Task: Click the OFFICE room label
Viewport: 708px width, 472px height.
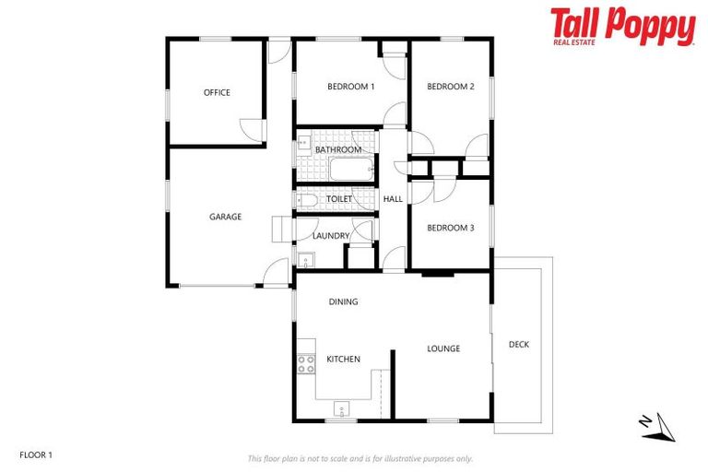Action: (x=217, y=92)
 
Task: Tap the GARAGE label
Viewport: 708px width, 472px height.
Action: (x=225, y=217)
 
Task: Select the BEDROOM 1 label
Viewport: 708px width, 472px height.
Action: (x=350, y=87)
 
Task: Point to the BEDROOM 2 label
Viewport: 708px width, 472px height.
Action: (x=450, y=87)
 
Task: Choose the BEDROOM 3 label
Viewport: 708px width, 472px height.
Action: (x=450, y=227)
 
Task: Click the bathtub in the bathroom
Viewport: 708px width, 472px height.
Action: (x=350, y=170)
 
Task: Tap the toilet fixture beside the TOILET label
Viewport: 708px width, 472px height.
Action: (x=307, y=199)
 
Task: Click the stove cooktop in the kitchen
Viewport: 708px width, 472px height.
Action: (x=305, y=364)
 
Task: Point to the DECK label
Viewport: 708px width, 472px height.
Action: (x=519, y=345)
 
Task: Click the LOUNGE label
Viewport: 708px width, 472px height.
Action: (x=443, y=348)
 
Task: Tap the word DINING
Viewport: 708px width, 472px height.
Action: (x=343, y=301)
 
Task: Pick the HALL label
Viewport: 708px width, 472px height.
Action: (x=393, y=199)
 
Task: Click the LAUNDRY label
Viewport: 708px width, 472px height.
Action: (x=330, y=236)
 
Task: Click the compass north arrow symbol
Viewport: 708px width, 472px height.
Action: (x=655, y=423)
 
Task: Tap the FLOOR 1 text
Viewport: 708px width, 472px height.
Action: (x=37, y=454)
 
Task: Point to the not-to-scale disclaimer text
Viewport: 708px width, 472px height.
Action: (x=360, y=458)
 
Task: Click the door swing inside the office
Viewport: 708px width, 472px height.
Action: (x=252, y=131)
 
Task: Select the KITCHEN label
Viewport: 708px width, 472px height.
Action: (x=343, y=359)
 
